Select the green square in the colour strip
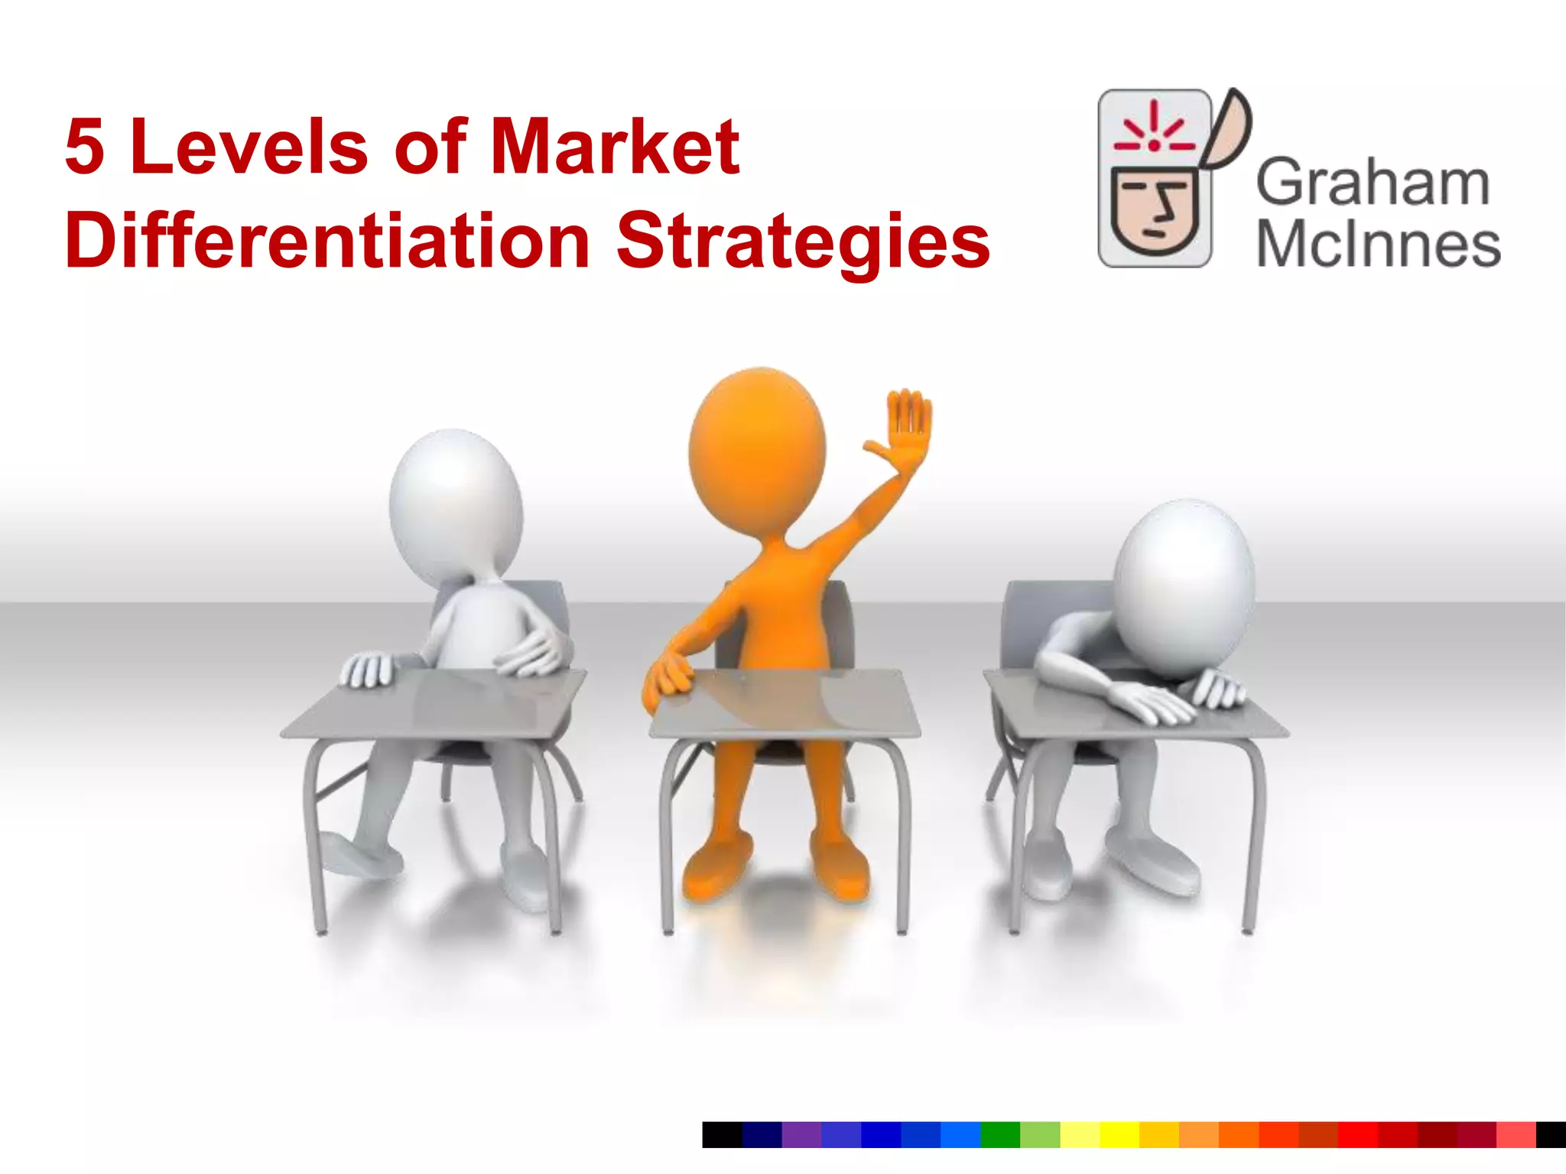pos(1000,1134)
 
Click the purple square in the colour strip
pos(801,1134)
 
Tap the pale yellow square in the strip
pos(1080,1134)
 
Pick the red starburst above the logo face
pos(1154,130)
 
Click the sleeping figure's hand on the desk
pos(1147,699)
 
